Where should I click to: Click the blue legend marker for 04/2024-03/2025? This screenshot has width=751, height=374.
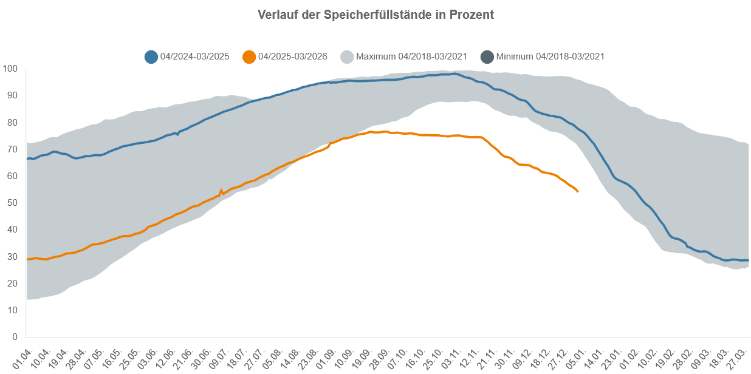coord(151,56)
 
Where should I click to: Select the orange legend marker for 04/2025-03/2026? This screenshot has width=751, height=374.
coord(249,56)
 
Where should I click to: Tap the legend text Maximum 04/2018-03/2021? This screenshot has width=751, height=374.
coord(411,56)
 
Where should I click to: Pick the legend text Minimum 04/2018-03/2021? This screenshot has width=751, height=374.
coord(550,56)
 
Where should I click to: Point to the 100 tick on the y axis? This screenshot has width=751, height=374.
coord(10,69)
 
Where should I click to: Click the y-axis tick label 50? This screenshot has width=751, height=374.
coord(12,203)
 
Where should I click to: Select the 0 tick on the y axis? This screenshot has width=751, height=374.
coord(15,337)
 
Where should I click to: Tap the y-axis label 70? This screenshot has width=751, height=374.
coord(12,149)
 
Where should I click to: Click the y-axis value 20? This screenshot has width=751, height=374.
coord(12,284)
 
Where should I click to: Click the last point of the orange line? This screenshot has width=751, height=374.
coord(578,192)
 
